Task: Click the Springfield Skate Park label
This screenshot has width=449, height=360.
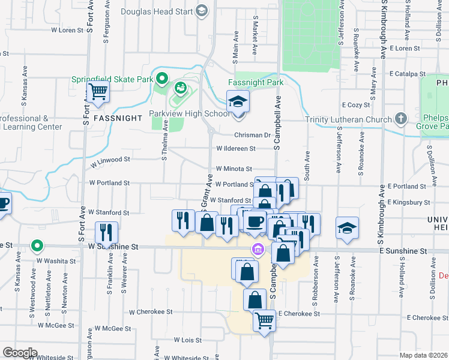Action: [112, 79]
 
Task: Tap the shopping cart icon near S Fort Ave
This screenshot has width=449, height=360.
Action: [98, 92]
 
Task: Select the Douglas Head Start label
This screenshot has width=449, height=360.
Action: [157, 11]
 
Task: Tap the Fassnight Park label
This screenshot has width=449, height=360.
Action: [256, 82]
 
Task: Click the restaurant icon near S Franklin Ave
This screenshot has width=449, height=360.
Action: [107, 232]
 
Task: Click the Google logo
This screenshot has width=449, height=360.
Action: [20, 352]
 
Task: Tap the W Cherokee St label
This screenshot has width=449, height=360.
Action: [151, 312]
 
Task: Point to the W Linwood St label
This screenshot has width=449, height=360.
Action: [110, 160]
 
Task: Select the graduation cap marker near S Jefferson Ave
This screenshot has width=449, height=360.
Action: [348, 228]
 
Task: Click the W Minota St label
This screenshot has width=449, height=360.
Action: [234, 170]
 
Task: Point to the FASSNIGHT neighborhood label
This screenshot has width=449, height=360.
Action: [112, 118]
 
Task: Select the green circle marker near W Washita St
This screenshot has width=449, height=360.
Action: [37, 245]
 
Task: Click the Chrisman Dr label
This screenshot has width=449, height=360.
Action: [253, 136]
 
